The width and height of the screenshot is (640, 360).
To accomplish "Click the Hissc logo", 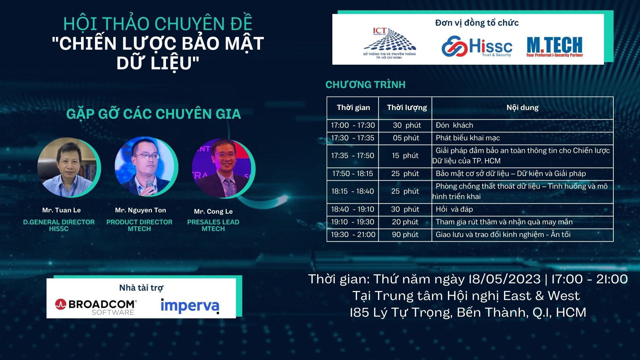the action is [x=477, y=46].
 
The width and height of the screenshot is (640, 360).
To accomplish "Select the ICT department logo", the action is [x=389, y=44].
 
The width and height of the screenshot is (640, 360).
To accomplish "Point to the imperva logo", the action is [x=190, y=306].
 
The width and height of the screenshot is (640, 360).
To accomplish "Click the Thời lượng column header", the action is [x=407, y=107].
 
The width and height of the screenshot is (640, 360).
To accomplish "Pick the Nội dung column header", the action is [x=522, y=107].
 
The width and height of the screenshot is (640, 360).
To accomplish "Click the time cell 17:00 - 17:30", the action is [x=353, y=125].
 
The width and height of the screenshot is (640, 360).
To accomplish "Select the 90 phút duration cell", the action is [x=405, y=235].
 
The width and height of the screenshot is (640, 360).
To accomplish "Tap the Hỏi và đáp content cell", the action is [x=522, y=209].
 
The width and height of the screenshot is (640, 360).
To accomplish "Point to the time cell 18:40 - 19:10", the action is [x=353, y=209].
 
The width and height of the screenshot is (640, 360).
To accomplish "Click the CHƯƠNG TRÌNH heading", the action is [x=365, y=85].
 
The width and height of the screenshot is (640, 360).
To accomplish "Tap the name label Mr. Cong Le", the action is [x=213, y=211].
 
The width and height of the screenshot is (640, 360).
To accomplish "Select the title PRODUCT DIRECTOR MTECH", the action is [x=139, y=225].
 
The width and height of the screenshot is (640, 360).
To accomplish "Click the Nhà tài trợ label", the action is [x=141, y=288].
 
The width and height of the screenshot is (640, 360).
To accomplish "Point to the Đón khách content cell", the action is [x=522, y=125].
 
